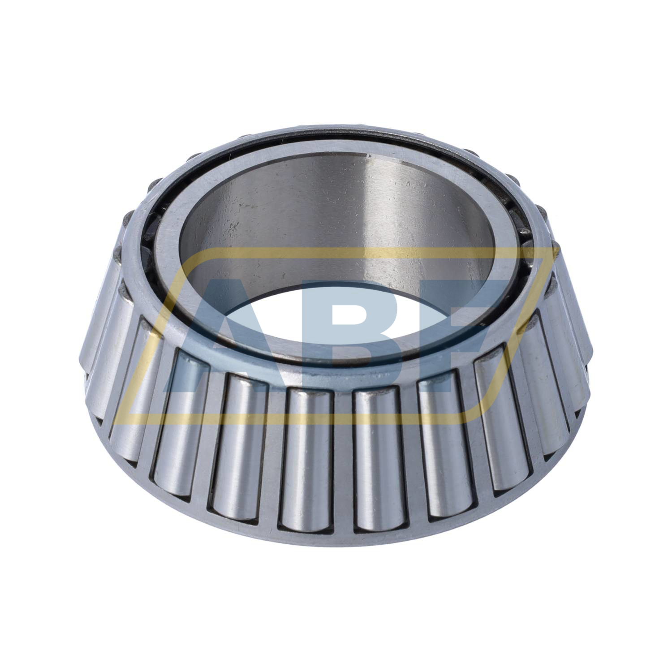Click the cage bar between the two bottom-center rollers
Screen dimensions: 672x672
340,461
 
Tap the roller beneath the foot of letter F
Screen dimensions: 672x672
441,444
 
